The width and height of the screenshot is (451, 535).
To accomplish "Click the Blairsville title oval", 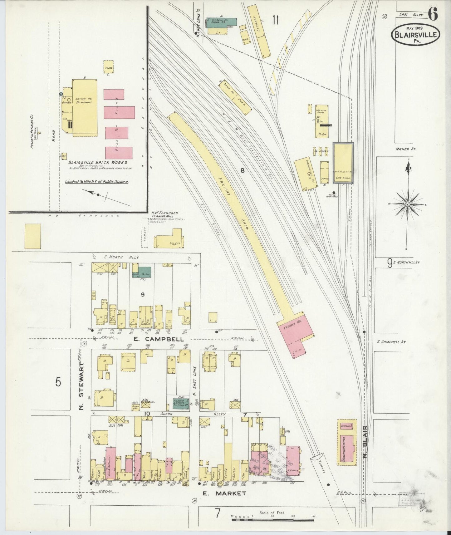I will click(x=415, y=35).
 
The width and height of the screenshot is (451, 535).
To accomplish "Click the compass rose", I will click(x=407, y=204).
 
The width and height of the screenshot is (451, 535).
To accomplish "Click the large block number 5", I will click(x=58, y=382).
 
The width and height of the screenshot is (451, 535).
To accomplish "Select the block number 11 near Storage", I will click(x=275, y=20).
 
